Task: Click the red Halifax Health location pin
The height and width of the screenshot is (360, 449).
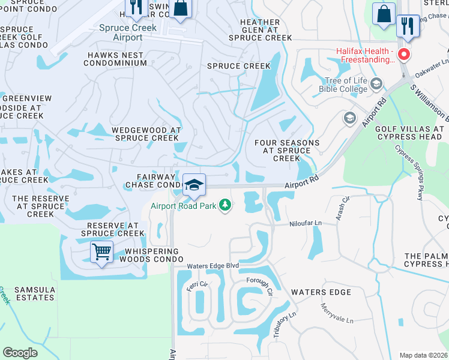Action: pyautogui.click(x=404, y=55)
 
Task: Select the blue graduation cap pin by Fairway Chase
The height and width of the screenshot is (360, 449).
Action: pyautogui.click(x=194, y=185)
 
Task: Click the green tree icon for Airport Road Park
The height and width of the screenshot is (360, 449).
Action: pyautogui.click(x=225, y=206)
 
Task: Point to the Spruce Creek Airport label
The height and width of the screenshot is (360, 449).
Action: pyautogui.click(x=127, y=32)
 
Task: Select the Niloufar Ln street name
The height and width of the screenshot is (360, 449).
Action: pyautogui.click(x=305, y=223)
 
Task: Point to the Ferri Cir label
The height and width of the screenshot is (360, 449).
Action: pyautogui.click(x=196, y=286)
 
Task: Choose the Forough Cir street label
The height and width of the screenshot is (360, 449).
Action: pyautogui.click(x=260, y=287)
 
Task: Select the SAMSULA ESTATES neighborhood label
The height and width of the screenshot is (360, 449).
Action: pyautogui.click(x=28, y=293)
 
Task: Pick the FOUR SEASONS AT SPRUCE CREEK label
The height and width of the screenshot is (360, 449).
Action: pyautogui.click(x=286, y=151)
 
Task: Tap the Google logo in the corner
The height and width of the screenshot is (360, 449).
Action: pyautogui.click(x=20, y=352)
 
